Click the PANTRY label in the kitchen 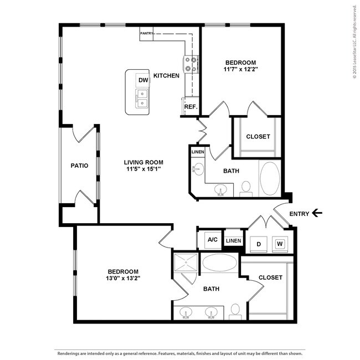[146, 33]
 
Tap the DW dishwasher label [143, 80]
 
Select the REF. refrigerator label [191, 107]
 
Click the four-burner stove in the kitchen [191, 65]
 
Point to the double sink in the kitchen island [142, 99]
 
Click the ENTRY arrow [317, 213]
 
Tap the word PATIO [79, 166]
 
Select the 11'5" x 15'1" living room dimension [143, 169]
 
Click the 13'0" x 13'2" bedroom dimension [123, 278]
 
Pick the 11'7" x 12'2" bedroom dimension [240, 69]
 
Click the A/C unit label [213, 240]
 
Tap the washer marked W [280, 244]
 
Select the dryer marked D [259, 244]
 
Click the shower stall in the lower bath [186, 262]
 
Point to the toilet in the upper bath [246, 189]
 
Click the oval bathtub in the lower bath [220, 263]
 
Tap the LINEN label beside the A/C [234, 240]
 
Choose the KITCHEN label [166, 75]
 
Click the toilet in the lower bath [235, 312]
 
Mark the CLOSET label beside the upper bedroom [258, 136]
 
